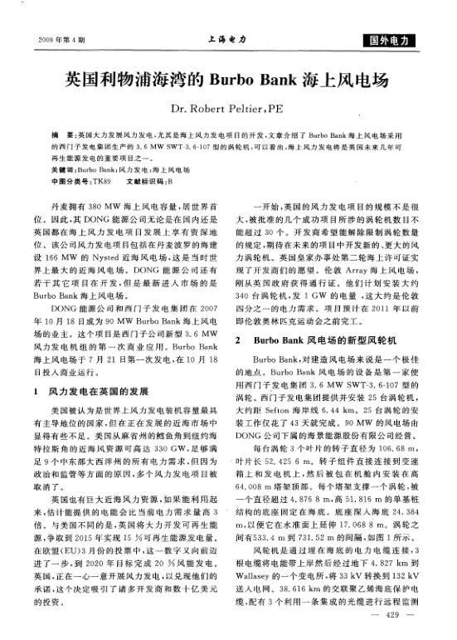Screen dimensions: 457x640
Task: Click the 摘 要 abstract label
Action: pos(61,133)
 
